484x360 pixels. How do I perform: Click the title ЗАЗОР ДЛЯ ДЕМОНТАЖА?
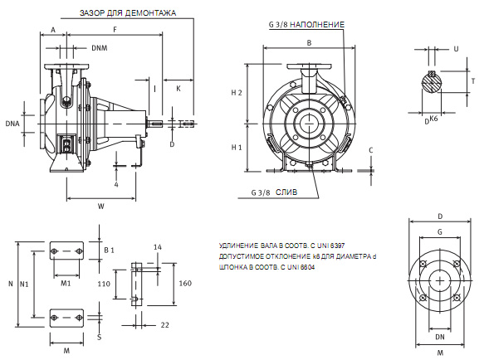(x=128, y=13)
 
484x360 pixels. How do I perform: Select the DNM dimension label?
(x=100, y=48)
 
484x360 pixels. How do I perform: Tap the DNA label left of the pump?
(x=12, y=124)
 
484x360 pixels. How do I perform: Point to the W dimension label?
(x=101, y=207)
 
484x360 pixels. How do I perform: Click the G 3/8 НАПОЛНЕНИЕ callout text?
(x=306, y=25)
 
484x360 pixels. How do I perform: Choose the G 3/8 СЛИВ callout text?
(x=274, y=192)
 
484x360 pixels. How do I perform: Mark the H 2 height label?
(x=237, y=93)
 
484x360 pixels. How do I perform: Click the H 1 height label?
(x=237, y=148)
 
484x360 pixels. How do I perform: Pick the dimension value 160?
(x=185, y=283)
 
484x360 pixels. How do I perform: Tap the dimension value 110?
(x=104, y=284)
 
